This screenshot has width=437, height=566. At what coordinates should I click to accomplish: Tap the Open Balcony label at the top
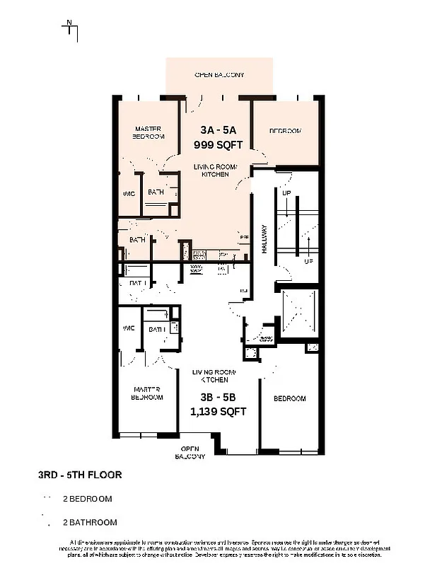pos(219,74)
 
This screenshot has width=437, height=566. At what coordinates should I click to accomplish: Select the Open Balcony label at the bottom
pos(190,453)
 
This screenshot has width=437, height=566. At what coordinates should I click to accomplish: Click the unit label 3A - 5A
pos(218,130)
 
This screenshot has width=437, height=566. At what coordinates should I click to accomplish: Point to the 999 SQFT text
pos(218,144)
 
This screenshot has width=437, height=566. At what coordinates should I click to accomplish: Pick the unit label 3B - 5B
pos(218,397)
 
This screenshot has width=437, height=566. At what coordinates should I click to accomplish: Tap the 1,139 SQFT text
pos(218,411)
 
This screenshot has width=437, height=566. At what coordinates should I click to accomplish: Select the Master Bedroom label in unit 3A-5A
pos(148,132)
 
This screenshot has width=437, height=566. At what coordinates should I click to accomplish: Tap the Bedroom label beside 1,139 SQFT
pos(290,398)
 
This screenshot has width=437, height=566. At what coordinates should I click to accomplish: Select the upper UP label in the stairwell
pos(286,193)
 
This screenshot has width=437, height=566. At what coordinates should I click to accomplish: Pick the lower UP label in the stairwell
pos(308,261)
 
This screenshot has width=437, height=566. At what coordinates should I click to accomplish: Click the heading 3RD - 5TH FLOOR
pos(79,475)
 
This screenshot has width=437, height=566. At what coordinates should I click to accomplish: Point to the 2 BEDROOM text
pos(88,499)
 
